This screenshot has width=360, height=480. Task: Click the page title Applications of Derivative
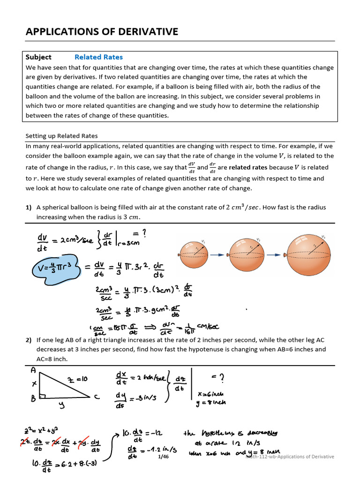pos(102,32)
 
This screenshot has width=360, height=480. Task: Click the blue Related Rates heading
pos(98,57)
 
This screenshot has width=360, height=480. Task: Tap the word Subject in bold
pos(38,57)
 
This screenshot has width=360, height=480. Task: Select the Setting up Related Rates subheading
pos(61,136)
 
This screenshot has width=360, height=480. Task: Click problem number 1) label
pos(29,207)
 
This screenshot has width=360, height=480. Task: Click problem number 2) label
pos(29,340)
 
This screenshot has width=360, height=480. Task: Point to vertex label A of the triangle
pos(33,370)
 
